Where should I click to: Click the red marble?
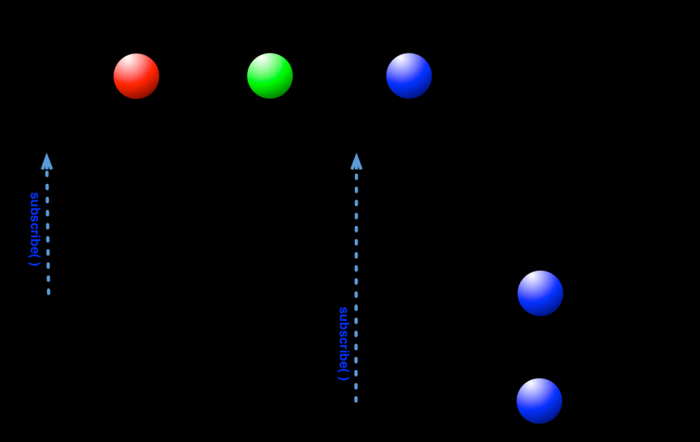click(136, 76)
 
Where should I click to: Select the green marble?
click(269, 76)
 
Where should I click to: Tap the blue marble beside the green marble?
click(409, 76)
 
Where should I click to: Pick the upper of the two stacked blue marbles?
click(540, 293)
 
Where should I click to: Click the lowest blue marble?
click(539, 401)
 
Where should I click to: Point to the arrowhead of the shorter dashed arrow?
click(47, 162)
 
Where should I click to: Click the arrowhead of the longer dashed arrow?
click(356, 162)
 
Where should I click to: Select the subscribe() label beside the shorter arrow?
click(34, 229)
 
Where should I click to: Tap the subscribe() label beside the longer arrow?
click(343, 343)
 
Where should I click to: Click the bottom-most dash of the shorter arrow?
click(48, 292)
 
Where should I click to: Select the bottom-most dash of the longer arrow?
click(356, 399)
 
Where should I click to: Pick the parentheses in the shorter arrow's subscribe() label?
click(33, 258)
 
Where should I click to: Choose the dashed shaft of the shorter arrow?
click(48, 231)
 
